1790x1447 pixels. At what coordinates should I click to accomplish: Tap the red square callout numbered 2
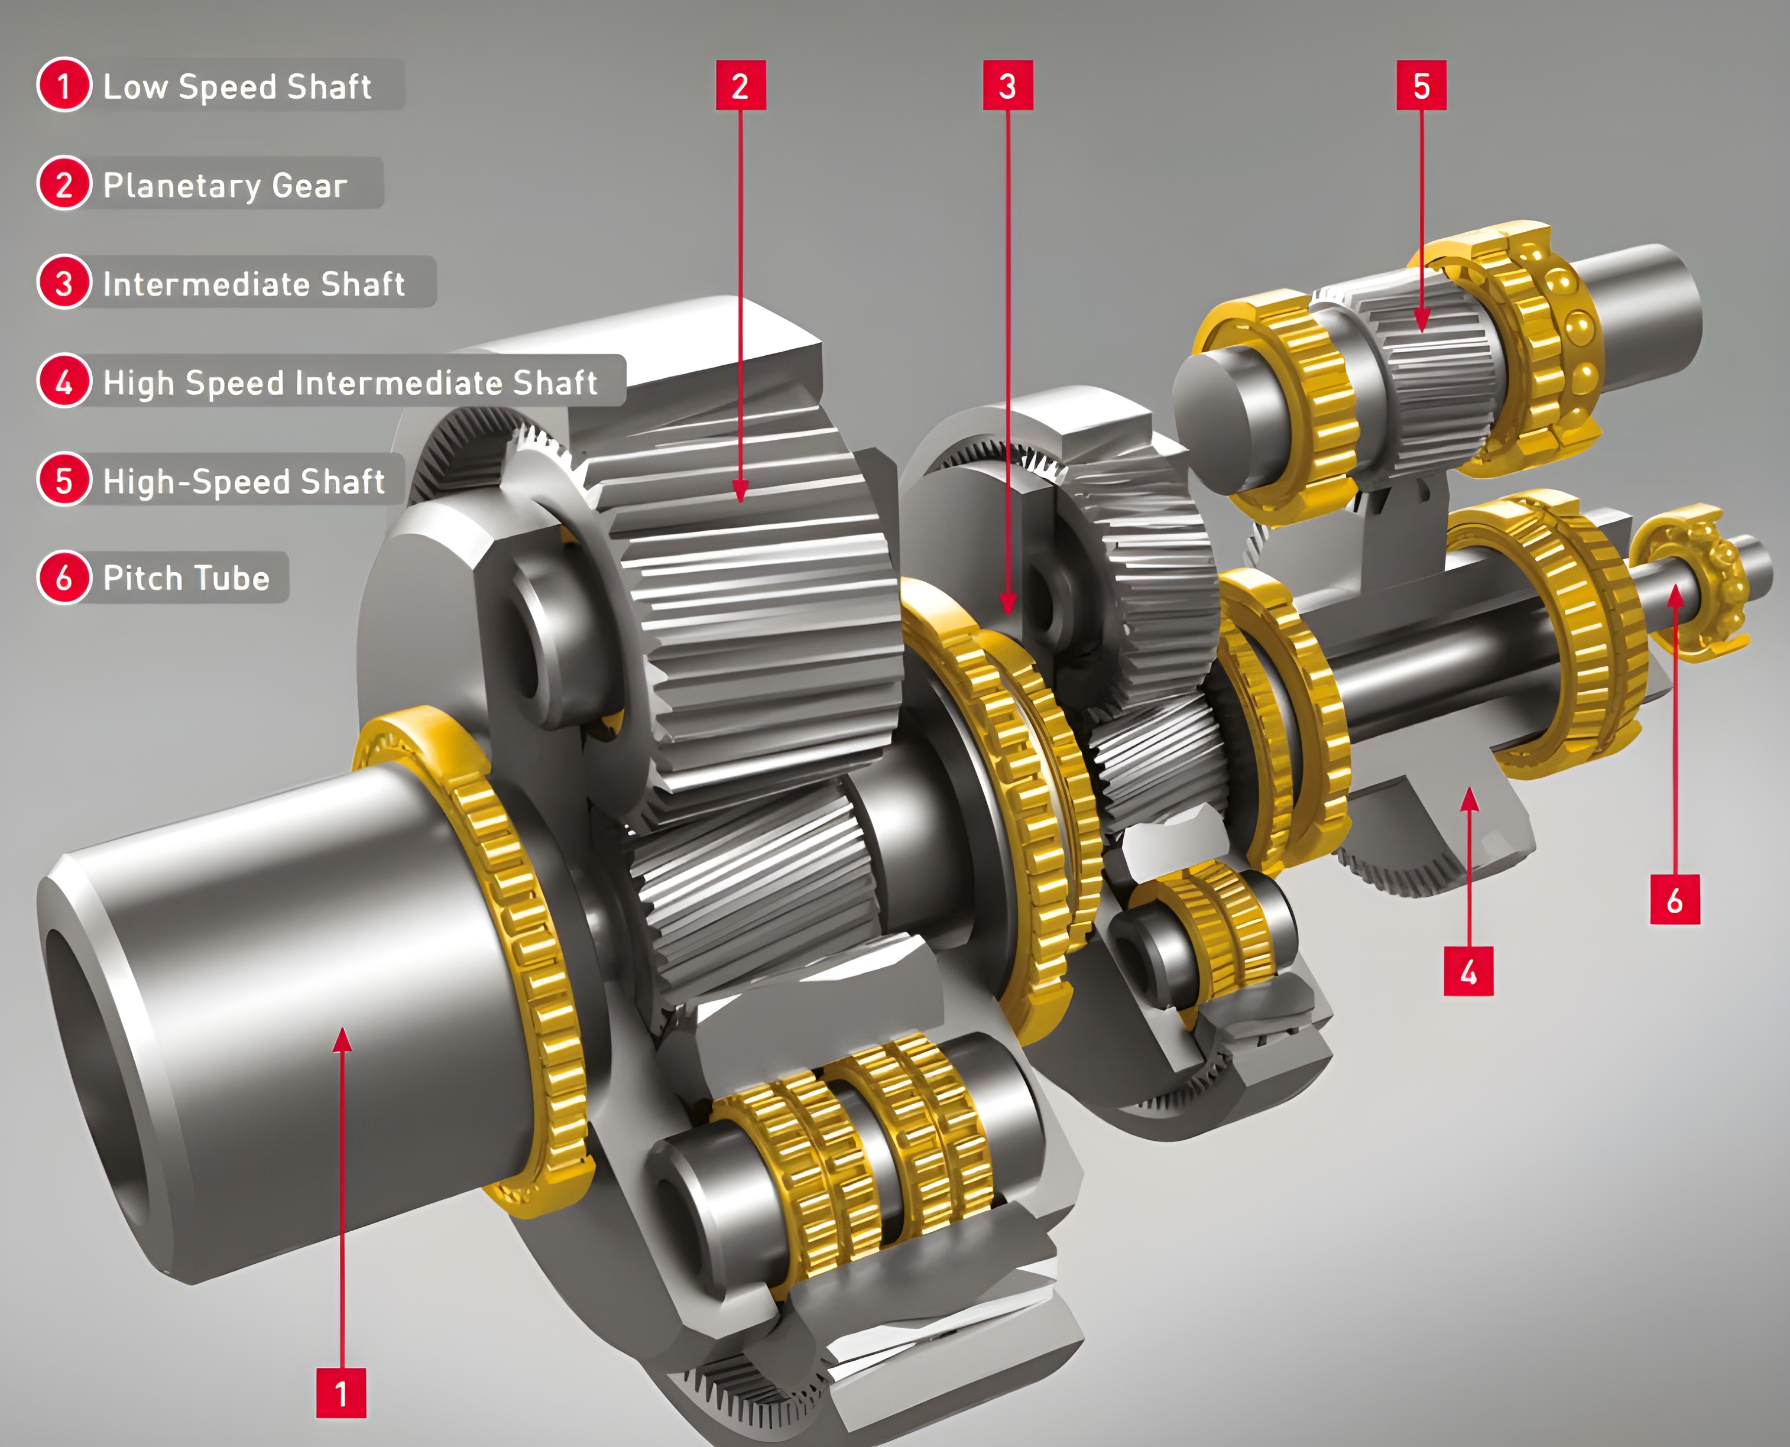pos(740,85)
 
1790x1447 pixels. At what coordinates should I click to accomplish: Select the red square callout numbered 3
pos(1007,85)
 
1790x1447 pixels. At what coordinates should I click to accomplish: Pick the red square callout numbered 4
pos(1468,971)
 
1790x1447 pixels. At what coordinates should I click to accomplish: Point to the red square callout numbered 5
pos(1422,85)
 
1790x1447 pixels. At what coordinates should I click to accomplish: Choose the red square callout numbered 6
pos(1674,900)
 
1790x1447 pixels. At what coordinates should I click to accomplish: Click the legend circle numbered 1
pos(63,85)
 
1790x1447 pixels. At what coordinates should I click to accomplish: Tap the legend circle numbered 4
pos(63,382)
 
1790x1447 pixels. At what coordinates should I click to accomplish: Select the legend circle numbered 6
pos(63,577)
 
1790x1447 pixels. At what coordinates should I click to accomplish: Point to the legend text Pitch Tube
pos(186,577)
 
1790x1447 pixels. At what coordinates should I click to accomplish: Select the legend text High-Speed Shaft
pos(244,481)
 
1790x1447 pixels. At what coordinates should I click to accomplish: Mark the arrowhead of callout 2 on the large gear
pos(740,492)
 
